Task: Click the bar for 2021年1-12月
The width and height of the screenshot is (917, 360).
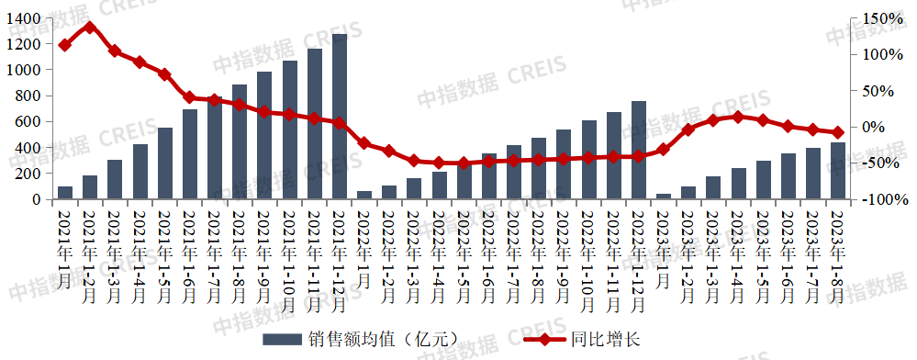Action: click(x=340, y=117)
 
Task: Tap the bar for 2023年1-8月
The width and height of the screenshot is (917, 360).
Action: click(x=838, y=171)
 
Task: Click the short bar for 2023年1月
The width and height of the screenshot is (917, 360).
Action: click(x=664, y=196)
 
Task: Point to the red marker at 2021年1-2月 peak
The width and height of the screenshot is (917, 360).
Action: click(x=90, y=27)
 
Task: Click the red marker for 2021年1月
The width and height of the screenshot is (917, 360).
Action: click(x=65, y=45)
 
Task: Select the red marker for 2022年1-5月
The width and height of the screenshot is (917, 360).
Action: click(x=464, y=163)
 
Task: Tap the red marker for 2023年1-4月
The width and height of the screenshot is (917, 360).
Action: click(x=738, y=117)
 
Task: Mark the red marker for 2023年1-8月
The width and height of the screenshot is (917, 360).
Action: click(x=838, y=133)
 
